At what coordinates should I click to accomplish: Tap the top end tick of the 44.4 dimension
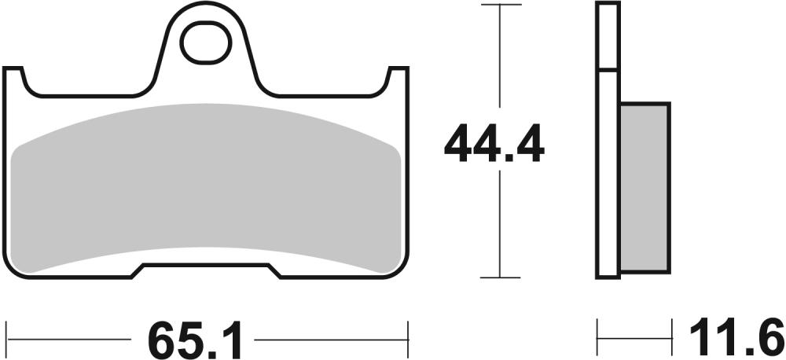click(501, 5)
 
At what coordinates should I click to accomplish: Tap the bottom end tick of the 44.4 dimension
click(501, 277)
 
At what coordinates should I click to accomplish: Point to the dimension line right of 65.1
click(330, 340)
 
